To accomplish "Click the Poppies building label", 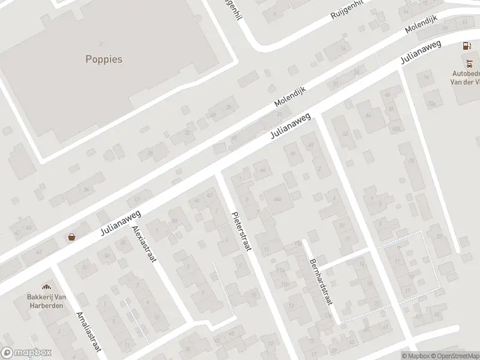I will pos(103,59).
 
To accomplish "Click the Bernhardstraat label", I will pos(321,282).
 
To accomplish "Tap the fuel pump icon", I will pos(465,46).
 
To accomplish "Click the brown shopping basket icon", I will pos(72,237).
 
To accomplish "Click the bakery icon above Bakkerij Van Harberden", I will pos(44,287).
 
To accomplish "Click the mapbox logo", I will pos(26,353).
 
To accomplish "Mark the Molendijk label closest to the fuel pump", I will pos(422,25).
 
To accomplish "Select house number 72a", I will pos(431,103).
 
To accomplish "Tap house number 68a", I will pos(395,128).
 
